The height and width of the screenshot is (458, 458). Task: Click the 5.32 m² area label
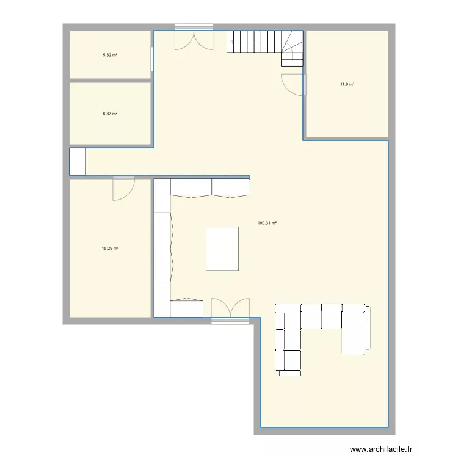[110, 55]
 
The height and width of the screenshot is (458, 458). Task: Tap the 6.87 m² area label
[110, 114]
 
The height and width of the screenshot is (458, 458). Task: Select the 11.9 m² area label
[347, 84]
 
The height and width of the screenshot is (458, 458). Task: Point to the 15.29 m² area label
[110, 249]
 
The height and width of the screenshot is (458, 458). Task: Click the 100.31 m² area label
[267, 224]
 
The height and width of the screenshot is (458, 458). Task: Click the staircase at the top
[265, 45]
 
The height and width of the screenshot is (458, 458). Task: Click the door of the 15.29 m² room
[123, 188]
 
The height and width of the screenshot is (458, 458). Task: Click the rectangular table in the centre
[222, 248]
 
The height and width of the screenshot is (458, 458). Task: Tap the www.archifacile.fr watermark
[382, 448]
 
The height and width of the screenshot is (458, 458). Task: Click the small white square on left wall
[78, 162]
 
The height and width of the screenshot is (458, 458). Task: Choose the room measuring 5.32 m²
[110, 67]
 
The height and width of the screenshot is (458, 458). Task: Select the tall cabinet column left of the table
[162, 247]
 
